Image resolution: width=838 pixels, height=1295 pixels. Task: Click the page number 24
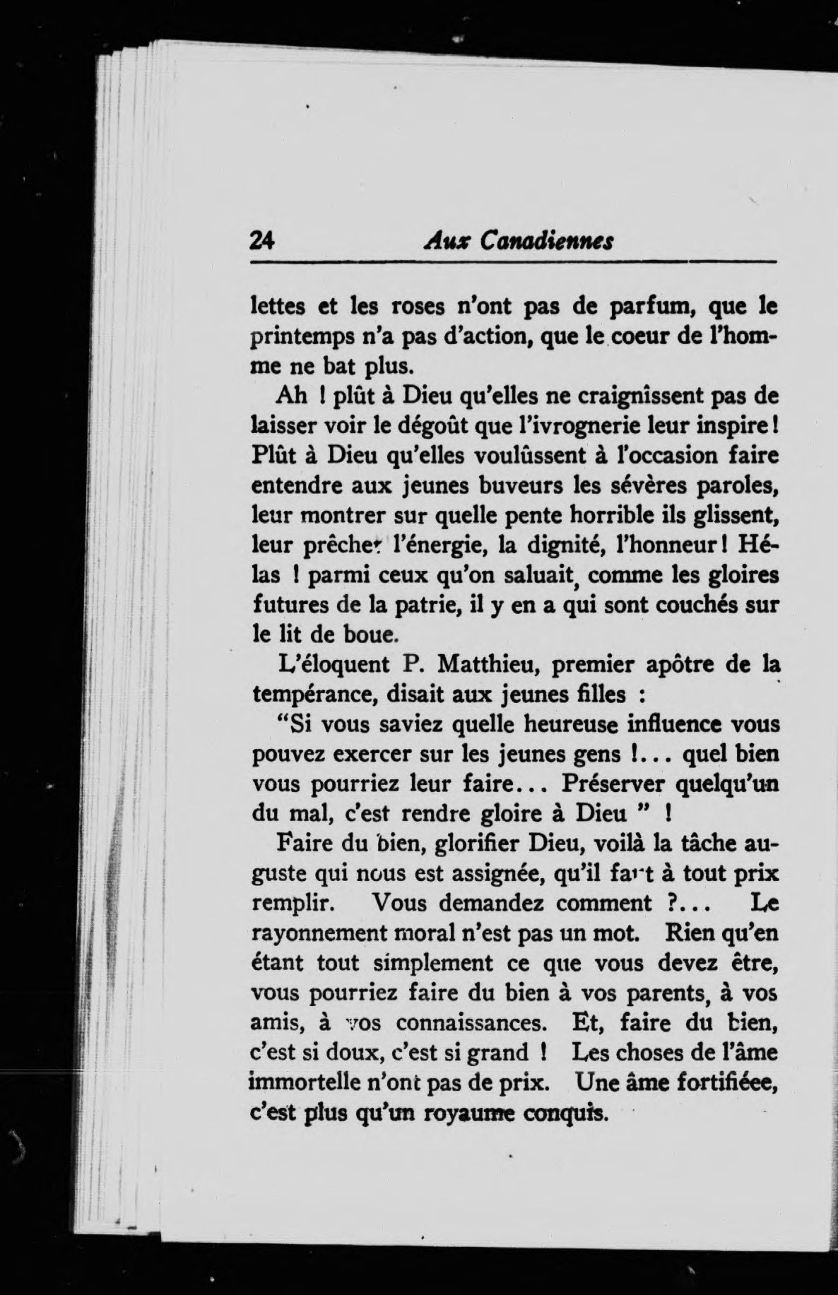click(262, 240)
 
